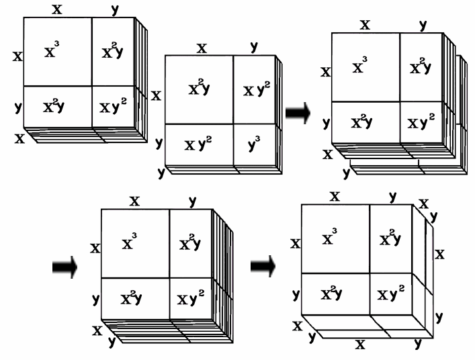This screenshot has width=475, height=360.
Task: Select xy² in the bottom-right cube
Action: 392,294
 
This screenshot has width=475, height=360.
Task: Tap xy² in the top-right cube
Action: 421,123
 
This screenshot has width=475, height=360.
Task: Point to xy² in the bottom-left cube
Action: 191,298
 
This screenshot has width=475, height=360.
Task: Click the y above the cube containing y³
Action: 253,47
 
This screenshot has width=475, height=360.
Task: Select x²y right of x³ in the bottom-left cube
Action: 191,242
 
